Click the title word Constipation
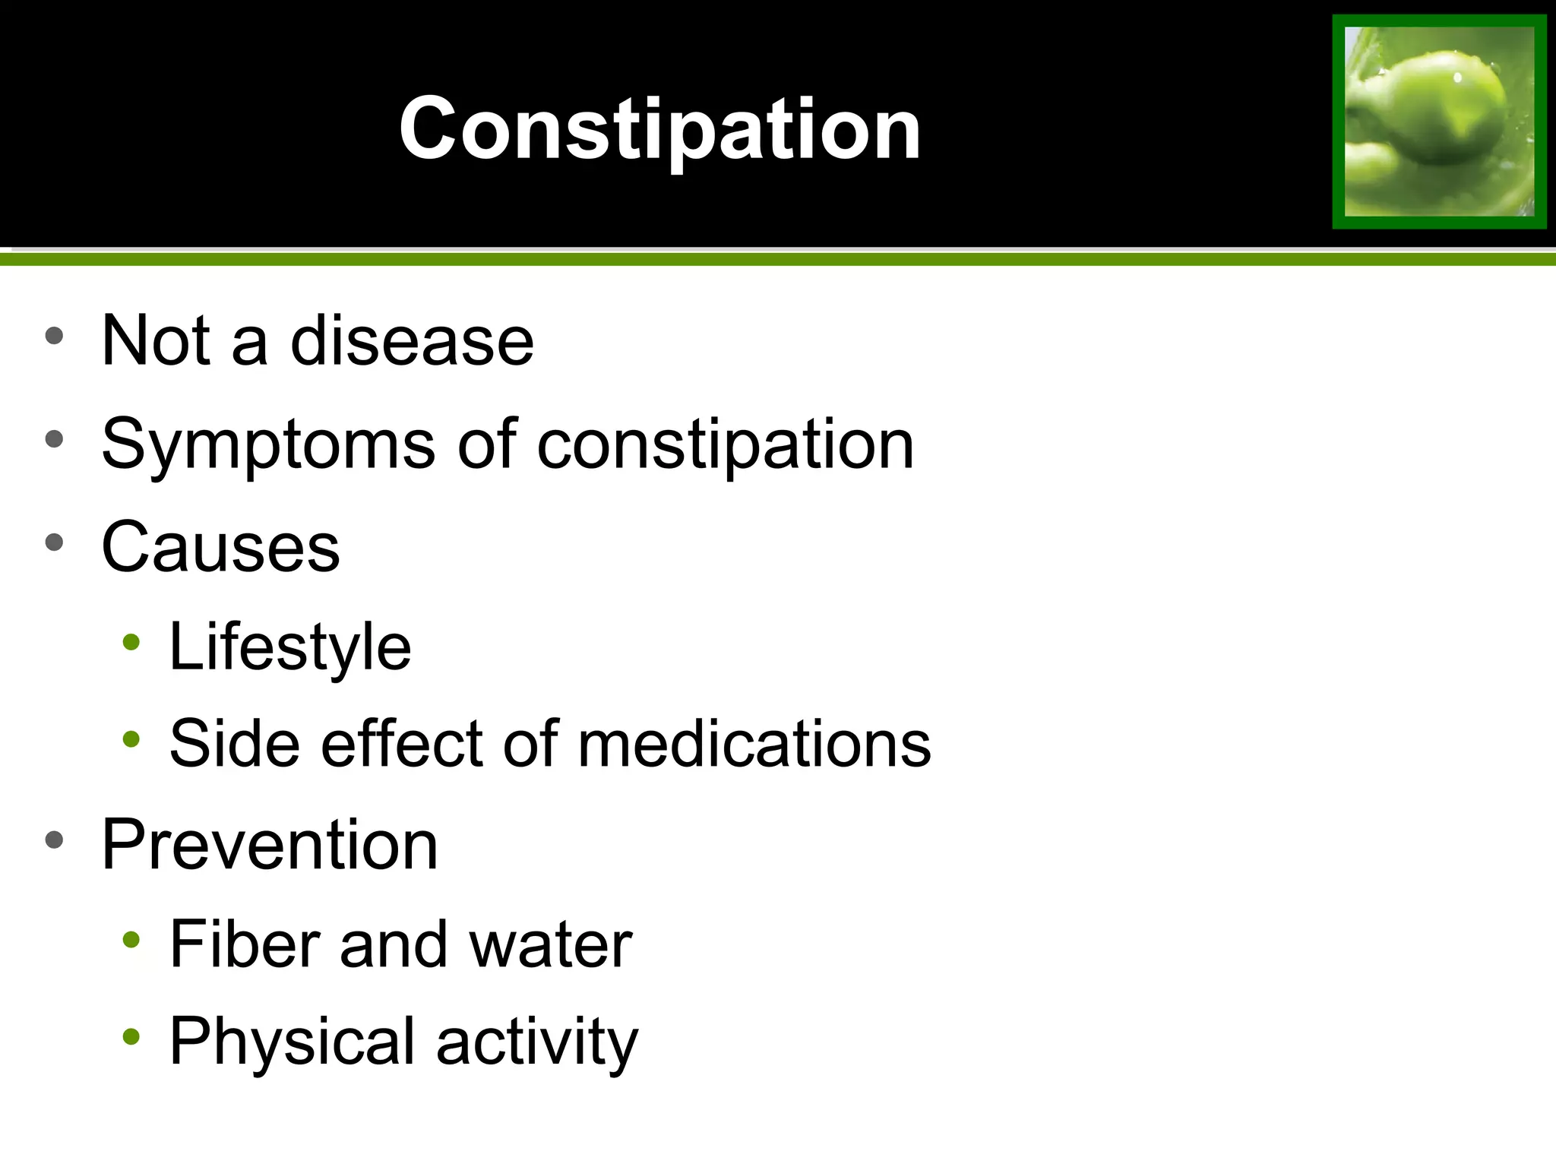click(659, 129)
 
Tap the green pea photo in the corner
click(1439, 122)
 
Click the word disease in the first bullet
click(412, 341)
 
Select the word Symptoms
click(268, 445)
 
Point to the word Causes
click(220, 547)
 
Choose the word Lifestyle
click(289, 647)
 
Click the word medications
click(754, 744)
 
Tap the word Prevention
click(270, 845)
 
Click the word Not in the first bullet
click(156, 341)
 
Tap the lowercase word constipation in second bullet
click(725, 445)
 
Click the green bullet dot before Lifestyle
click(131, 643)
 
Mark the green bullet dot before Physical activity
click(131, 1036)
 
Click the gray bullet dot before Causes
click(54, 542)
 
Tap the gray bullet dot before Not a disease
click(54, 336)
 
